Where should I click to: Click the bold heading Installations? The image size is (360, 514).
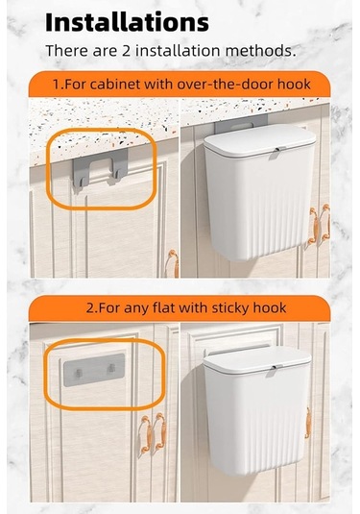click(x=127, y=22)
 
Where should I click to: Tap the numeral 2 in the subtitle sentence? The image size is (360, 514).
click(x=126, y=51)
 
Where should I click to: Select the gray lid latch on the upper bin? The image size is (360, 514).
click(x=276, y=153)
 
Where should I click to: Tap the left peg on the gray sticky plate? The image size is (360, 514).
click(x=79, y=373)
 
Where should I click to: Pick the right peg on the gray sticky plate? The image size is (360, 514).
click(x=111, y=368)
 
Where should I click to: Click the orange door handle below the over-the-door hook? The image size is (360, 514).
click(x=173, y=263)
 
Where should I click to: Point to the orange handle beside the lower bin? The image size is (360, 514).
click(x=308, y=423)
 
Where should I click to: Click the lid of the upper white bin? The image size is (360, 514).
click(x=260, y=140)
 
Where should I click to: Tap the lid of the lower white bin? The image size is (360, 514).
click(x=257, y=361)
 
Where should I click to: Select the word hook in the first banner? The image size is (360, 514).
click(x=294, y=85)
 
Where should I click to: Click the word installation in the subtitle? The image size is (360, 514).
click(x=178, y=51)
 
